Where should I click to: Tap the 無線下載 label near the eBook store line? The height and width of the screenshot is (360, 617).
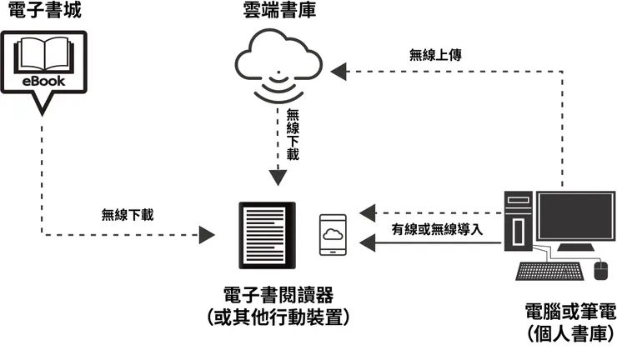(128, 214)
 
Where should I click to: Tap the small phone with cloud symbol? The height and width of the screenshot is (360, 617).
(333, 236)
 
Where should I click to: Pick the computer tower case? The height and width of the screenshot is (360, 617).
(517, 221)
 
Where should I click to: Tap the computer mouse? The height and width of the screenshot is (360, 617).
(600, 269)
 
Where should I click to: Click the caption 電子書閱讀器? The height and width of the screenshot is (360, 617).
(278, 296)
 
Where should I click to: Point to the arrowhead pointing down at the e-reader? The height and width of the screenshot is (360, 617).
(278, 177)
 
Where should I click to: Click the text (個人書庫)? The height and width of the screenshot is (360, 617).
(569, 335)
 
